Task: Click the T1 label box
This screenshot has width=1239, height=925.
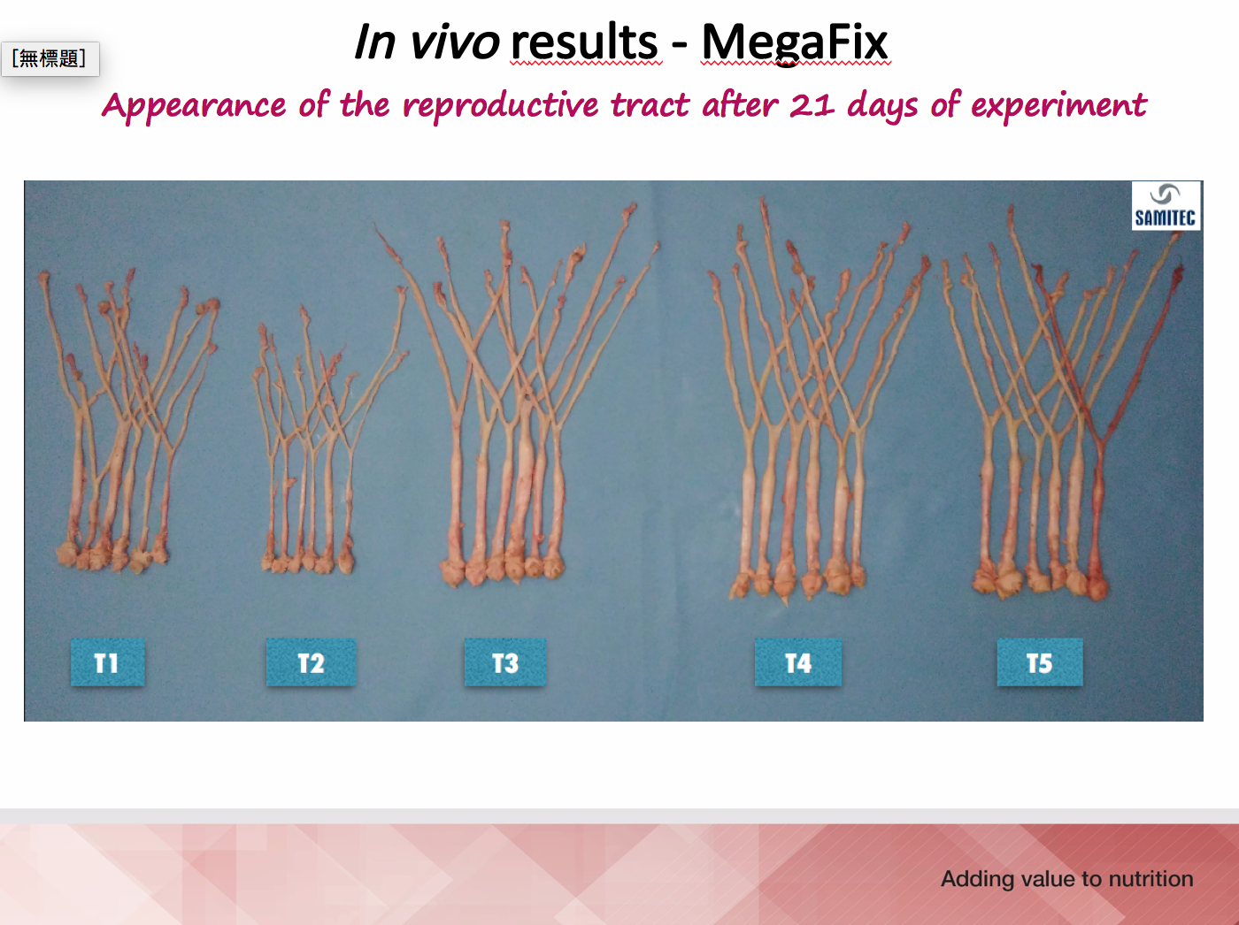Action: [107, 662]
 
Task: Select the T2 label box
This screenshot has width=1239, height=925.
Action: [311, 662]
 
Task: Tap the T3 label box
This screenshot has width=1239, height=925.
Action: [505, 662]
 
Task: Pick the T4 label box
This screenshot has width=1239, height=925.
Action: [798, 662]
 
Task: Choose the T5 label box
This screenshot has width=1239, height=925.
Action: [1040, 662]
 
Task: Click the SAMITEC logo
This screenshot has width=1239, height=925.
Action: [1166, 206]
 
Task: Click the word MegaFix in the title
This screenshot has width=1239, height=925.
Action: [795, 43]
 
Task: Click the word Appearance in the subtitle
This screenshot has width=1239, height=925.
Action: [195, 107]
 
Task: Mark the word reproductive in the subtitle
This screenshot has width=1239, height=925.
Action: [501, 106]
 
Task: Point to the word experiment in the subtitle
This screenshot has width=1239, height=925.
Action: [1059, 106]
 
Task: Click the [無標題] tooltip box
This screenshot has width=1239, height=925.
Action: [50, 58]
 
